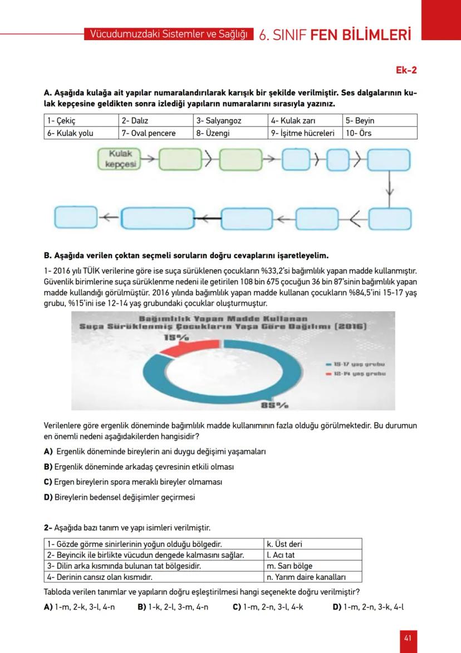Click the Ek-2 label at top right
point(406,70)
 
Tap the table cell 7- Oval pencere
point(149,133)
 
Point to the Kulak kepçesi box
point(119,158)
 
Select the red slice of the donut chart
point(176,349)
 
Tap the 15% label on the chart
point(176,337)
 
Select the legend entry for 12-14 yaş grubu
point(356,374)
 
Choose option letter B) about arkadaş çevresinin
point(48,466)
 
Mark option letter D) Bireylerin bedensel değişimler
point(48,497)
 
